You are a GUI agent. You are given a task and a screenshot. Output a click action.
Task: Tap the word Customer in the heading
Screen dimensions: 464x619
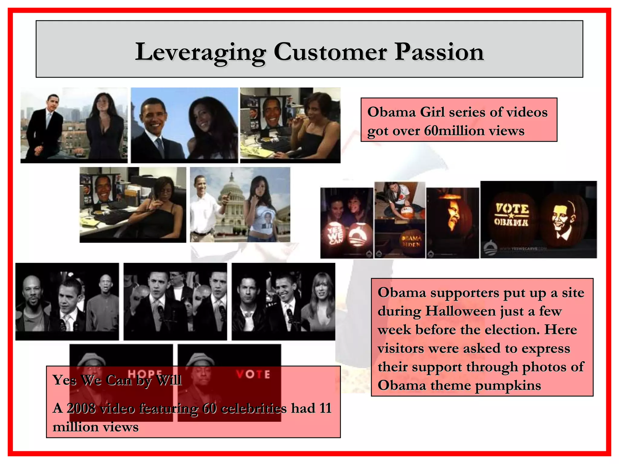pyautogui.click(x=330, y=52)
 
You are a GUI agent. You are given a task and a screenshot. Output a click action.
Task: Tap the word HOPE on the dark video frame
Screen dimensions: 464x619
pyautogui.click(x=145, y=374)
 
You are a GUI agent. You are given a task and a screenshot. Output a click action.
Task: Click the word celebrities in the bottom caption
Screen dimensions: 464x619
pyautogui.click(x=254, y=408)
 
